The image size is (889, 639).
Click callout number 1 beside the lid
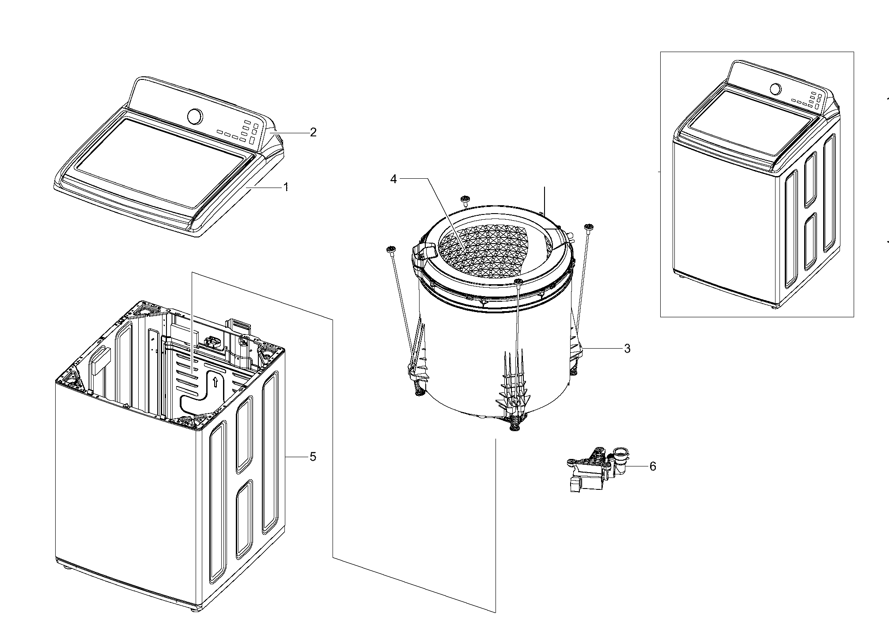[x=286, y=187]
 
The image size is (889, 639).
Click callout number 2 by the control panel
[x=313, y=132]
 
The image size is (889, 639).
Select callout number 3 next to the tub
[x=627, y=349]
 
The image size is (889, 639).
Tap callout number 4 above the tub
[x=394, y=178]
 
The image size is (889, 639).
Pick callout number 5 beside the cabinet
[x=313, y=457]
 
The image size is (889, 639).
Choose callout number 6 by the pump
[x=652, y=466]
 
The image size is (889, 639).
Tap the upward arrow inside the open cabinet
[x=215, y=381]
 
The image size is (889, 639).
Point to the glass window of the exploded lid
[x=159, y=161]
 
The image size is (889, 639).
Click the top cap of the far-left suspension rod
[x=390, y=250]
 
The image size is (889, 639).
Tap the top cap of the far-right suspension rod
[x=588, y=227]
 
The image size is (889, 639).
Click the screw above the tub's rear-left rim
[x=464, y=199]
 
